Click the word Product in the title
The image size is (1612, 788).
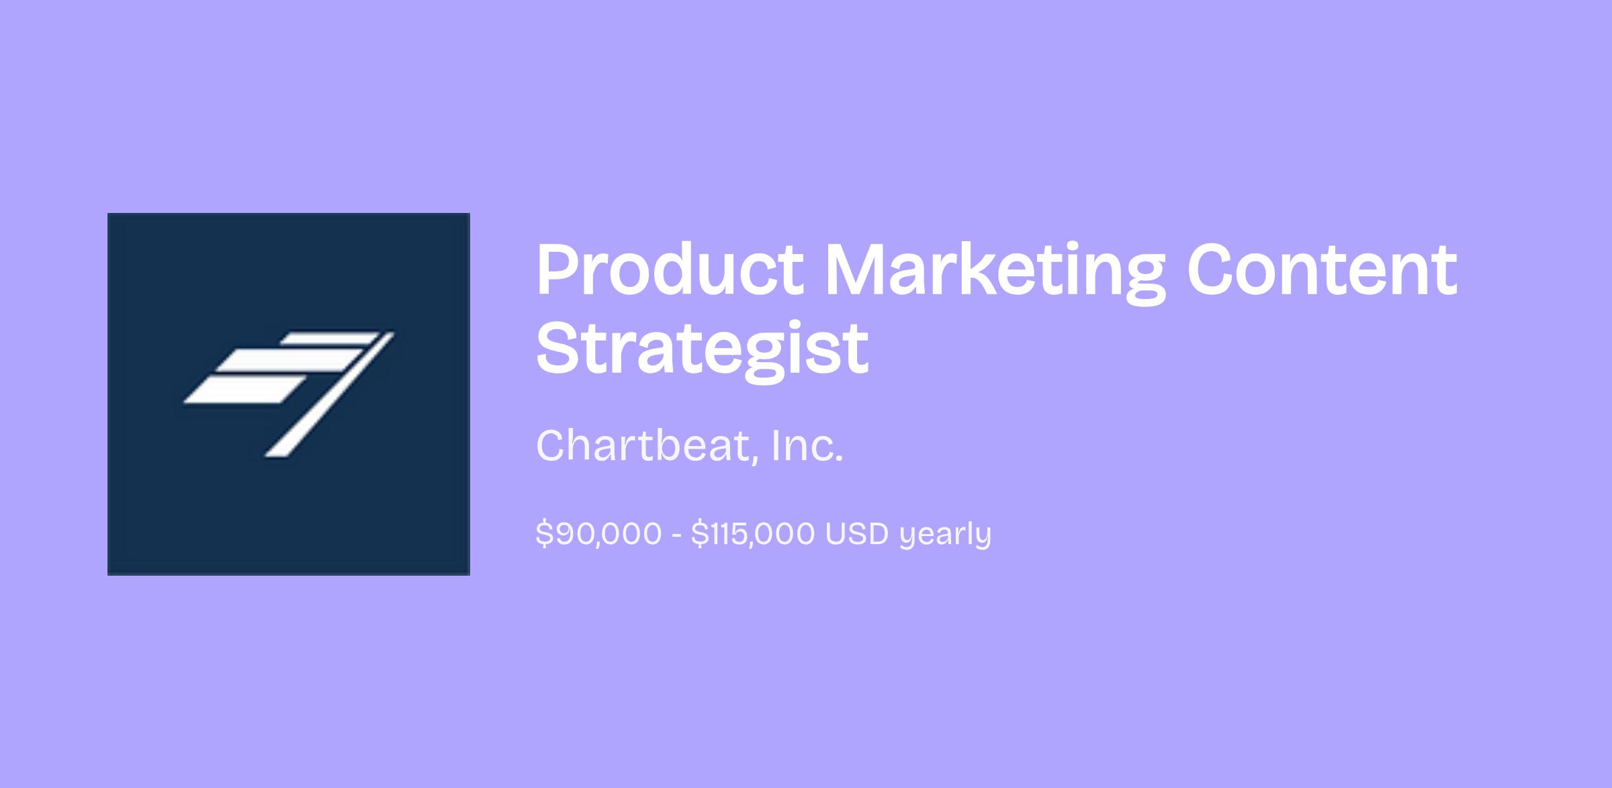click(670, 270)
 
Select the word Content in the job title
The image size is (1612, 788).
click(1322, 270)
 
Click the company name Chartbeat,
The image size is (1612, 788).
click(646, 445)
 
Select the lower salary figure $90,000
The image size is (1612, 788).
click(599, 534)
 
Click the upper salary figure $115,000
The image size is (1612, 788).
click(753, 534)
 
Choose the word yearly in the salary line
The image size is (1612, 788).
click(945, 535)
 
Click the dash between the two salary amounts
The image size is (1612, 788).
click(676, 535)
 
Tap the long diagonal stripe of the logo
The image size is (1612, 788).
click(329, 394)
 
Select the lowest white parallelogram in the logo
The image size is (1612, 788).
click(244, 390)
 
